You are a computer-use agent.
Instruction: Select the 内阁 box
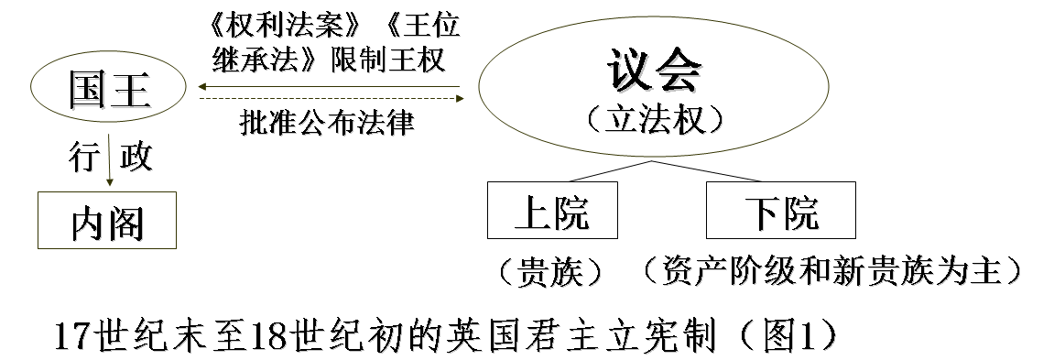(107, 220)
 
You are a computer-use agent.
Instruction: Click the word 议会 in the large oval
(656, 69)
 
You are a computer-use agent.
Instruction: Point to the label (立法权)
(656, 118)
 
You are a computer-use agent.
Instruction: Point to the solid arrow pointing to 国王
(331, 87)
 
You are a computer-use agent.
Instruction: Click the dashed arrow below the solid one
(331, 98)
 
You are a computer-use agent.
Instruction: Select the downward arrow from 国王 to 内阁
(109, 161)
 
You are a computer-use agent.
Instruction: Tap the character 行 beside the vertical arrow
(83, 158)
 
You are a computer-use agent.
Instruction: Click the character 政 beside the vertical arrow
(136, 158)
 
